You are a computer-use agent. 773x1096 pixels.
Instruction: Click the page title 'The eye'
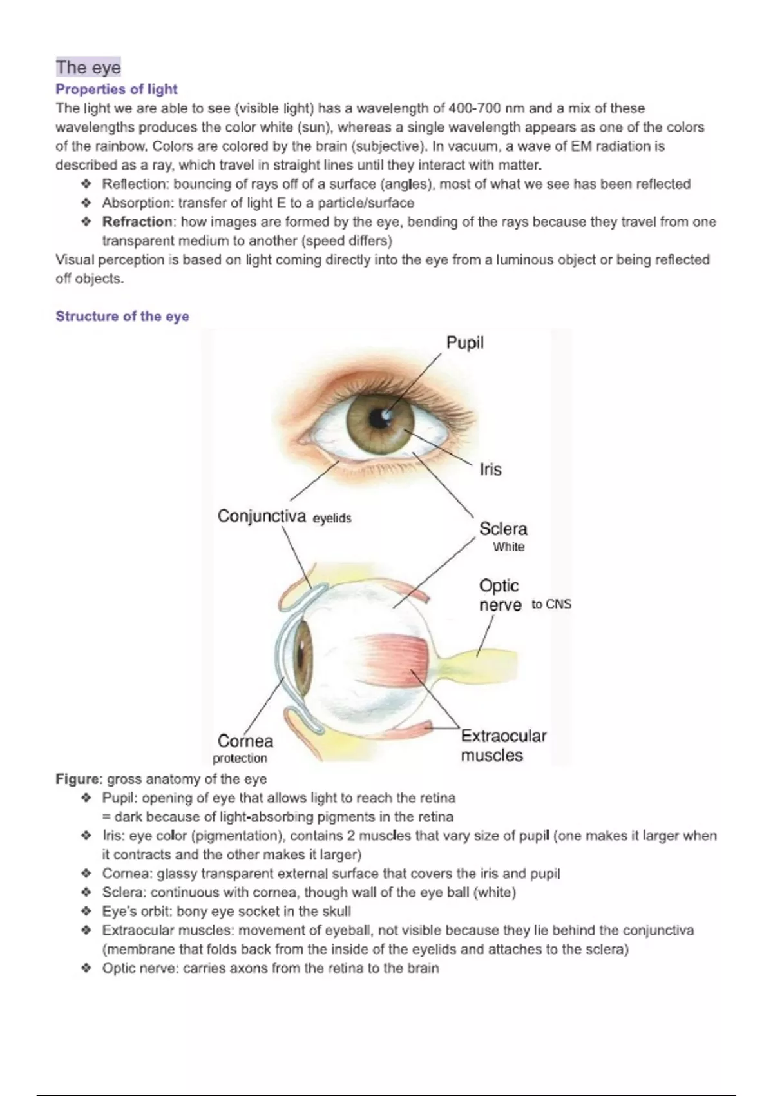(x=88, y=67)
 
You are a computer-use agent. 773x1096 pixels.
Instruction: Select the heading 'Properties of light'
(x=116, y=89)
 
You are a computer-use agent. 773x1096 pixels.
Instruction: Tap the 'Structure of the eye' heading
(x=122, y=316)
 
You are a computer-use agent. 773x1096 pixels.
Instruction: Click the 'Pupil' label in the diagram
(x=464, y=342)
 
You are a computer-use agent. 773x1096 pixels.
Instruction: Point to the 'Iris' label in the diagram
(x=490, y=469)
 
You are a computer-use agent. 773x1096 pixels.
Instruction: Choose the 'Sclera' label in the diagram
(x=503, y=529)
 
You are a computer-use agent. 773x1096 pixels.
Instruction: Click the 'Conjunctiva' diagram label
(x=261, y=516)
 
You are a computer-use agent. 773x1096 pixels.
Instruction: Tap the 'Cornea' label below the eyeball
(x=245, y=741)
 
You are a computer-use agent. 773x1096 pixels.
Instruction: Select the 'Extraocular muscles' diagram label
(x=502, y=745)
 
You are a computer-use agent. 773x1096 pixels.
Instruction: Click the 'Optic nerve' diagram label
(x=500, y=595)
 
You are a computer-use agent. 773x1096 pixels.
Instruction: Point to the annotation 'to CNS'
(x=551, y=604)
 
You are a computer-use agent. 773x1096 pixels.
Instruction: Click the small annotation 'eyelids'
(x=332, y=518)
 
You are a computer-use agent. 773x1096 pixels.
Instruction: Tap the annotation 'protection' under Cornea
(x=240, y=758)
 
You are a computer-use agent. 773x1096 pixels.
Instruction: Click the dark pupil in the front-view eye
(x=381, y=420)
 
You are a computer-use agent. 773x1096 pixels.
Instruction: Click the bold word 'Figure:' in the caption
(x=79, y=779)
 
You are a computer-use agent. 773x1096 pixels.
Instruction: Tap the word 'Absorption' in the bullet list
(x=137, y=203)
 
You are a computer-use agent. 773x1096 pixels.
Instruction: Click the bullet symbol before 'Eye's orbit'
(x=86, y=912)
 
